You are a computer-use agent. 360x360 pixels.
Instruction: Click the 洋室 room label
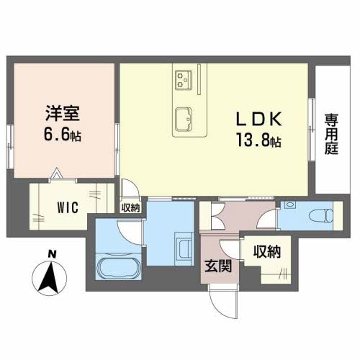[63, 114]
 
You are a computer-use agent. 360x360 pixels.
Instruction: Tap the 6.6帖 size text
[62, 134]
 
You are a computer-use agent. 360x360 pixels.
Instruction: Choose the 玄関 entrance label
[220, 266]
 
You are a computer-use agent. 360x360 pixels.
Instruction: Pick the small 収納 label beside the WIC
[130, 208]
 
